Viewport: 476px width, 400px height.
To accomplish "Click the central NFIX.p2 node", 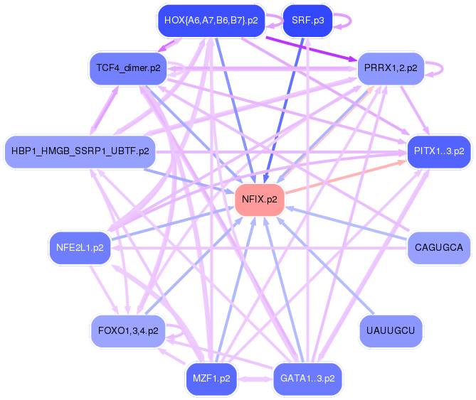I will [x=260, y=200].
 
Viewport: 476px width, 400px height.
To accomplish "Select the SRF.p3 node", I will [x=307, y=21].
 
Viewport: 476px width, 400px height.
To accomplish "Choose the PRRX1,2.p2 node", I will [x=391, y=69].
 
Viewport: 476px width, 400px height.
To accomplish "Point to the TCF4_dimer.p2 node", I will [x=128, y=69].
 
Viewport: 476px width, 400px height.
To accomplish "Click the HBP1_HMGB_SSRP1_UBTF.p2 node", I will [x=80, y=151].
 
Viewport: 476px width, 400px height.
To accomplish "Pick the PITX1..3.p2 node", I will [x=439, y=151].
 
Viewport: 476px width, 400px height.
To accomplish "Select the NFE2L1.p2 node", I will [x=80, y=248].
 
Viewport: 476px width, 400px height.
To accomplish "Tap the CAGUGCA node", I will [x=439, y=248].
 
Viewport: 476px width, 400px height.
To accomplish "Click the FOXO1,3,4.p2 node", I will [x=128, y=330].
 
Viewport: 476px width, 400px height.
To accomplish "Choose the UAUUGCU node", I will [x=391, y=330].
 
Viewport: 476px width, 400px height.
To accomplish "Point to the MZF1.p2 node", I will [x=211, y=379].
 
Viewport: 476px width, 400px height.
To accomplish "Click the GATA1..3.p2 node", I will [x=307, y=379].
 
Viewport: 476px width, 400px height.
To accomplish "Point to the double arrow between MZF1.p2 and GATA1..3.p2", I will [x=254, y=379].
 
